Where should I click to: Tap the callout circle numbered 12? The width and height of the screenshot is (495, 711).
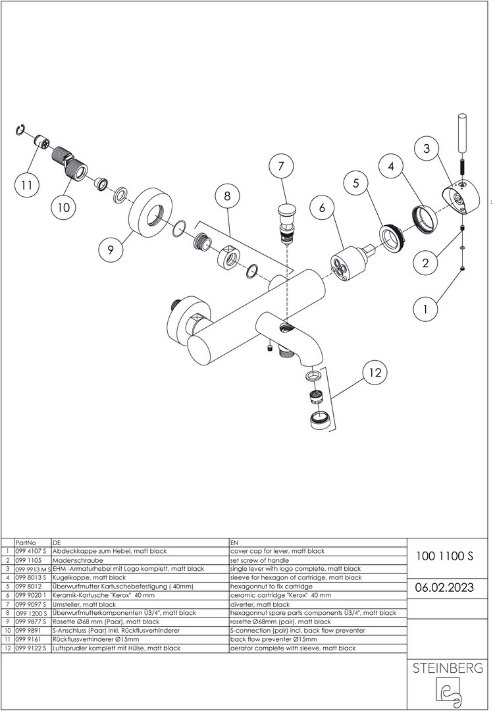click(x=375, y=373)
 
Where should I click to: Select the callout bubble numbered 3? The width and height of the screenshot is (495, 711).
click(x=427, y=149)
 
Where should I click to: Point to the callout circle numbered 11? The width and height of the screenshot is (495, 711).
click(x=26, y=186)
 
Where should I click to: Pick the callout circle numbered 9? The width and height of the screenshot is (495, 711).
click(x=111, y=250)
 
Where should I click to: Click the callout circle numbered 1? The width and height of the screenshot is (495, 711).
click(x=425, y=308)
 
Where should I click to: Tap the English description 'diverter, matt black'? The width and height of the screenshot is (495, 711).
click(x=259, y=604)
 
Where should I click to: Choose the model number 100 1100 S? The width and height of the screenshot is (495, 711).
click(x=444, y=556)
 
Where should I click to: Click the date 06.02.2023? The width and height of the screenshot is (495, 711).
click(x=444, y=587)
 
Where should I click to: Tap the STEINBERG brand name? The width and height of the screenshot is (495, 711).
click(x=447, y=668)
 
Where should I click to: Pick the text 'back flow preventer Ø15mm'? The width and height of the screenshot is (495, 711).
click(x=273, y=639)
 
